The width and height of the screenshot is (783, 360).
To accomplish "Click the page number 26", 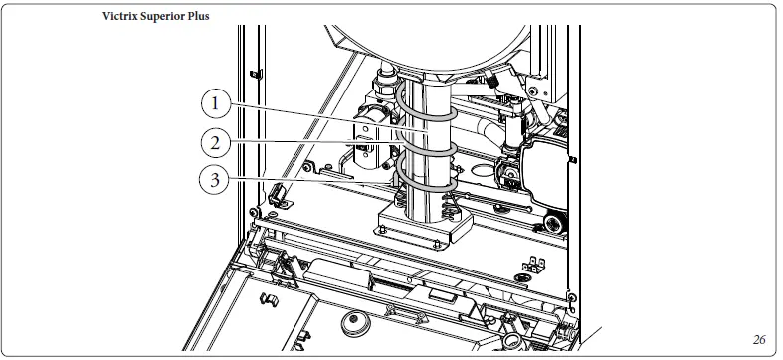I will click(759, 339).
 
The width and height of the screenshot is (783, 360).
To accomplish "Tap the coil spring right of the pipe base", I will click(454, 211).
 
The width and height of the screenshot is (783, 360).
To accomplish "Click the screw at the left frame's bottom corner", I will click(257, 213).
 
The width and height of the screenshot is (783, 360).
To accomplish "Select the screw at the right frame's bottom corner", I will click(569, 296).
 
